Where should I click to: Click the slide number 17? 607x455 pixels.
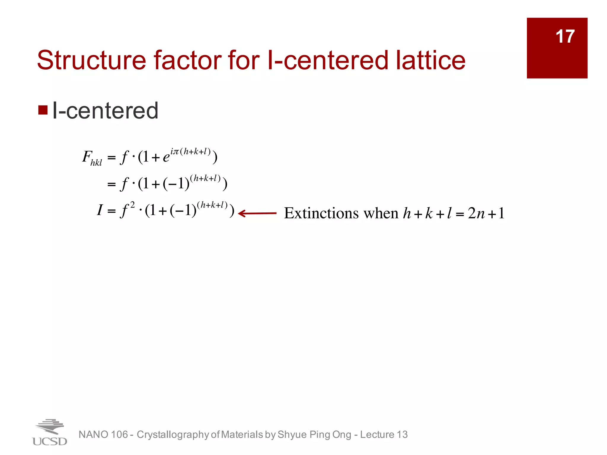tap(565, 36)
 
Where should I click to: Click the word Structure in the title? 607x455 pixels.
tap(91, 60)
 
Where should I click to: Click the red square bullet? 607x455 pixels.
tap(43, 110)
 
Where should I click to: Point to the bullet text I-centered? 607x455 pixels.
tap(105, 110)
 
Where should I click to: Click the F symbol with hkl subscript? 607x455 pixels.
tap(92, 158)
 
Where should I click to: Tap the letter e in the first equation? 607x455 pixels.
tap(166, 157)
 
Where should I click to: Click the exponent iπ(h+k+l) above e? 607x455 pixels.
tap(190, 152)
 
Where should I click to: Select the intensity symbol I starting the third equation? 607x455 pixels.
tap(100, 210)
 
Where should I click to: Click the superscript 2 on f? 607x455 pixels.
tap(132, 205)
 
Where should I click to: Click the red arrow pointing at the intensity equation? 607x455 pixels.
tap(257, 213)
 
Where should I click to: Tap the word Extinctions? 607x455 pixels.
tap(321, 213)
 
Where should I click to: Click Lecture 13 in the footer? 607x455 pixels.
tap(384, 435)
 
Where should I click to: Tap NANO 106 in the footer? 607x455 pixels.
tap(103, 435)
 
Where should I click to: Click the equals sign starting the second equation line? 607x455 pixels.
tap(111, 185)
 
